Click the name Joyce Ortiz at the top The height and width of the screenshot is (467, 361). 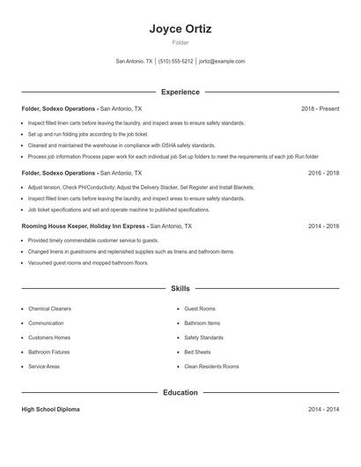pyautogui.click(x=180, y=29)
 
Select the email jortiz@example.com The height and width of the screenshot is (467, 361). pyautogui.click(x=222, y=62)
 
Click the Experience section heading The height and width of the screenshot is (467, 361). pyautogui.click(x=180, y=92)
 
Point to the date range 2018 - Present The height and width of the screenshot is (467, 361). pyautogui.click(x=320, y=108)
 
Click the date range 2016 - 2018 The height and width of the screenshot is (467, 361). pyautogui.click(x=323, y=174)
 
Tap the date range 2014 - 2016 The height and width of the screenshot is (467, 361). pyautogui.click(x=323, y=226)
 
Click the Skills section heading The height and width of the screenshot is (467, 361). pyautogui.click(x=180, y=288)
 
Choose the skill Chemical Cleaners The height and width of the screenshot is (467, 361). pyautogui.click(x=49, y=309)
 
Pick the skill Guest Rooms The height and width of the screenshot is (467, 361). pyautogui.click(x=200, y=309)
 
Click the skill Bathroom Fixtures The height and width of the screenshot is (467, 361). pyautogui.click(x=49, y=352)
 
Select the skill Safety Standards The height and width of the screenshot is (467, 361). pyautogui.click(x=203, y=337)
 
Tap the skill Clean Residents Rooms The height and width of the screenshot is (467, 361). pyautogui.click(x=211, y=366)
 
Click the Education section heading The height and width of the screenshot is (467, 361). pyautogui.click(x=180, y=392)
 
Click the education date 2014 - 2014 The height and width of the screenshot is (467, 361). pyautogui.click(x=323, y=410)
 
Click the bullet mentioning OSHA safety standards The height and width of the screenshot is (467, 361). pyautogui.click(x=122, y=145)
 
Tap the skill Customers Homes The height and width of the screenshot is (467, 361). pyautogui.click(x=49, y=337)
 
